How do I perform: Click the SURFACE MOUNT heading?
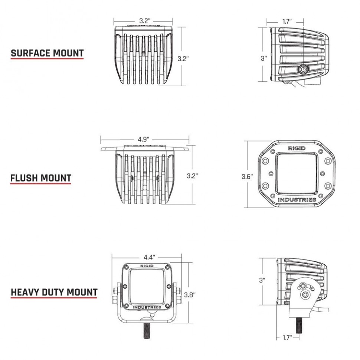point(47,53)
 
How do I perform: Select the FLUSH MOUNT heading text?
point(40,178)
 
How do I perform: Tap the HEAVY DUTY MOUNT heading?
point(54,292)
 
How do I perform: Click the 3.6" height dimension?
point(247,177)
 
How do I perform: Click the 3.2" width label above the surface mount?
point(144,21)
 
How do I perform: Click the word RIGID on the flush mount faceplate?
point(297,148)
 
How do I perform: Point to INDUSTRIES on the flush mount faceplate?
point(297,200)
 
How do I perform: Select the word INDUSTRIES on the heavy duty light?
point(147,307)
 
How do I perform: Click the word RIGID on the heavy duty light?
point(147,266)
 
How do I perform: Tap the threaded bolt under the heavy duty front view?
point(147,331)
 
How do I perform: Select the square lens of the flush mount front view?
point(297,174)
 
